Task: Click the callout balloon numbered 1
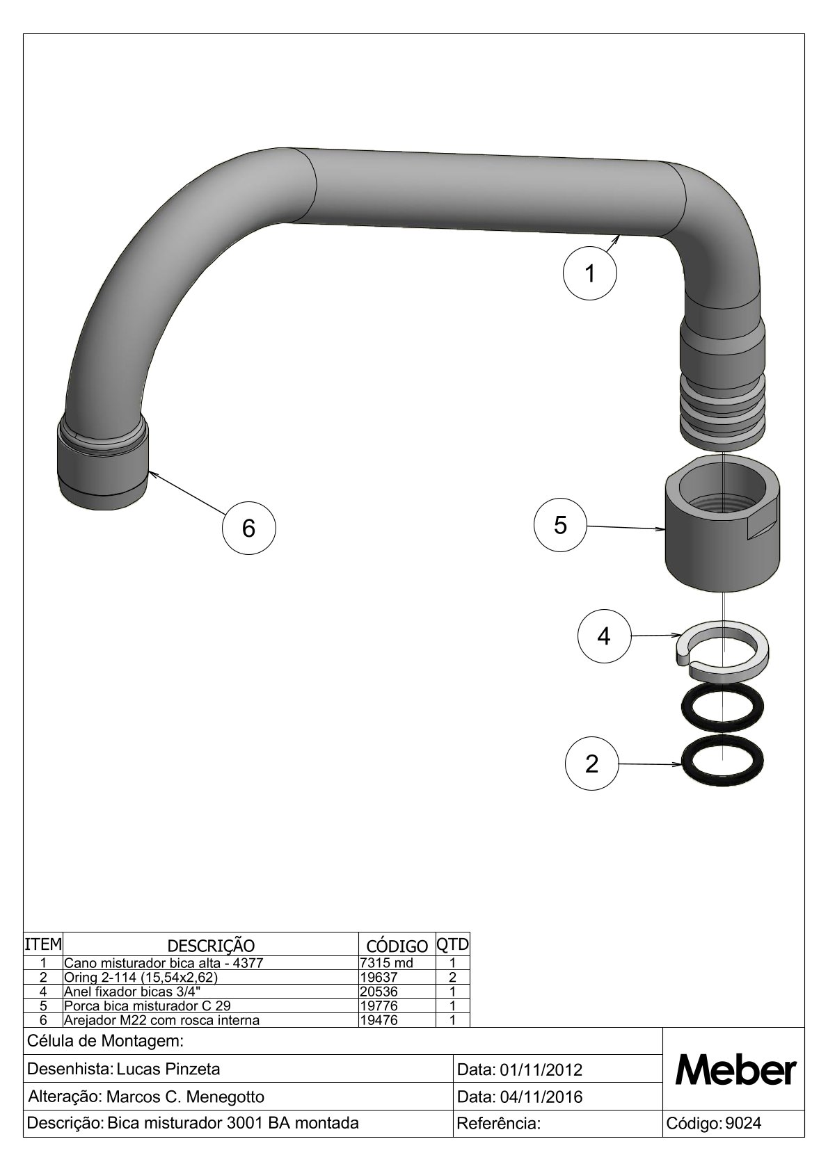pyautogui.click(x=589, y=273)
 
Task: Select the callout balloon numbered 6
pyautogui.click(x=249, y=528)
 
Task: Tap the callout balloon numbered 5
pyautogui.click(x=560, y=525)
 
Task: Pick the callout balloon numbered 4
pyautogui.click(x=604, y=636)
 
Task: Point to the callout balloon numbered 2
pyautogui.click(x=591, y=764)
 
